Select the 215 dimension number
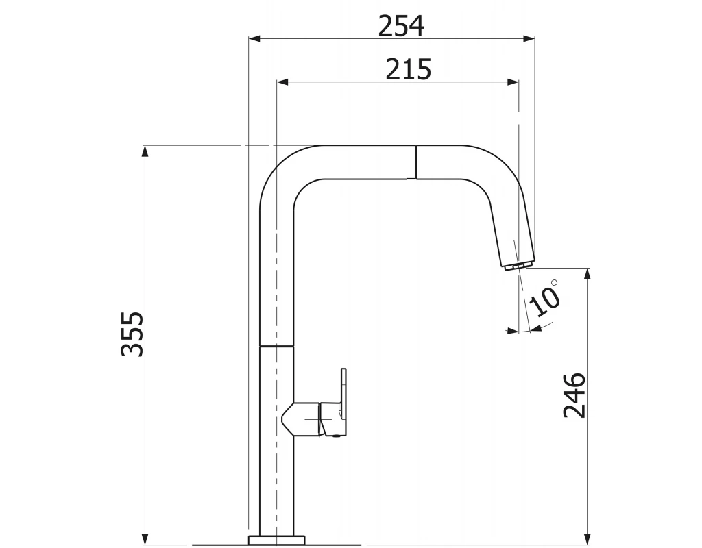tap(409, 69)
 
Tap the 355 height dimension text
tap(132, 334)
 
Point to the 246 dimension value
tap(574, 395)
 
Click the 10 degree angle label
tap(544, 301)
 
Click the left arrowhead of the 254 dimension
tap(255, 39)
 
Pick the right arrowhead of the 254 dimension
tap(529, 39)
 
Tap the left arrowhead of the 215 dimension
tap(283, 82)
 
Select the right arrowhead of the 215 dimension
tap(513, 82)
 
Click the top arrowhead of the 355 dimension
tap(145, 151)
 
